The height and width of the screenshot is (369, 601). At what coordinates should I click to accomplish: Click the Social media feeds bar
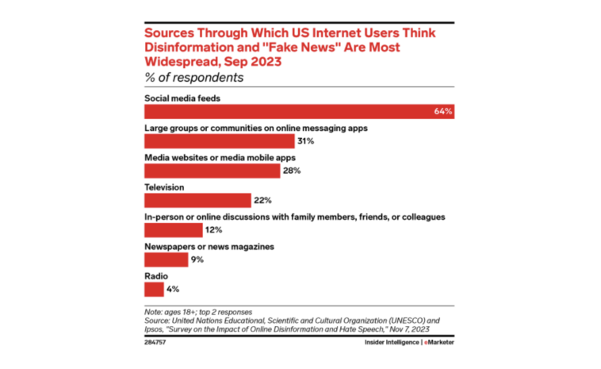(x=299, y=111)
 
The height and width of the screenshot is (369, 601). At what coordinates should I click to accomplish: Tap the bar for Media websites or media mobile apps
(x=211, y=171)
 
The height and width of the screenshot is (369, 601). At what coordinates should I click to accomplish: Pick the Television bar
(x=197, y=200)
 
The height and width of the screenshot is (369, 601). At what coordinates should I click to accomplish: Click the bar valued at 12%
(x=173, y=230)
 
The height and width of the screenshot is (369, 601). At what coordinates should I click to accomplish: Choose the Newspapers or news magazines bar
(x=166, y=259)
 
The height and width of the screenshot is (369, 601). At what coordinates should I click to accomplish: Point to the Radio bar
(x=154, y=290)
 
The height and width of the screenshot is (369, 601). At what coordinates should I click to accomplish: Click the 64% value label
(x=442, y=111)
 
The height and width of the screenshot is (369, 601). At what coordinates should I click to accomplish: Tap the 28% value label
(x=292, y=171)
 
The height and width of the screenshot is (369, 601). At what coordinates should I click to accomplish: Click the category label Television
(x=164, y=187)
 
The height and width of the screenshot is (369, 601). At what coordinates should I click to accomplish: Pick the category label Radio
(x=155, y=276)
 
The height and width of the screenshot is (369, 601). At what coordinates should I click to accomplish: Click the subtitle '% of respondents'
(x=193, y=78)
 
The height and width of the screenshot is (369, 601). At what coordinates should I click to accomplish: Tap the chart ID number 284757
(x=156, y=341)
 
